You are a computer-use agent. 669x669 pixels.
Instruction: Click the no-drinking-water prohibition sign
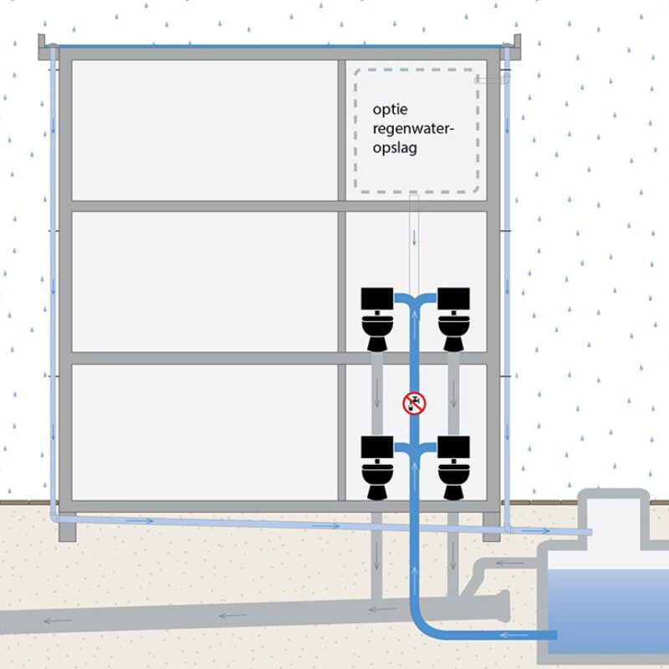click(x=414, y=405)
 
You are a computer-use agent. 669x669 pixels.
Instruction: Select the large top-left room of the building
click(x=204, y=130)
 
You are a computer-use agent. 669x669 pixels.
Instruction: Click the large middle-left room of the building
click(x=204, y=281)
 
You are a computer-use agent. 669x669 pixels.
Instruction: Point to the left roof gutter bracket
click(x=49, y=49)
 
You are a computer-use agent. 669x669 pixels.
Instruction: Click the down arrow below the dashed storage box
click(x=414, y=237)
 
